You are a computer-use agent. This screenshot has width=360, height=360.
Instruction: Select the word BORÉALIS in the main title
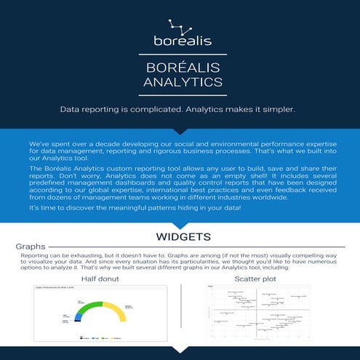[x=180, y=68]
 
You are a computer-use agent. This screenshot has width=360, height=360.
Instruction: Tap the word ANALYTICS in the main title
[x=180, y=82]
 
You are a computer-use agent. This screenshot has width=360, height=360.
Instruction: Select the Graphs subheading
[x=31, y=247]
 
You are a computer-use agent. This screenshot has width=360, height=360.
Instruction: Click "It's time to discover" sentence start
[x=58, y=208]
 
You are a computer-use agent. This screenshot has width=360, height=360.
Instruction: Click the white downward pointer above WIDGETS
[x=180, y=225]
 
